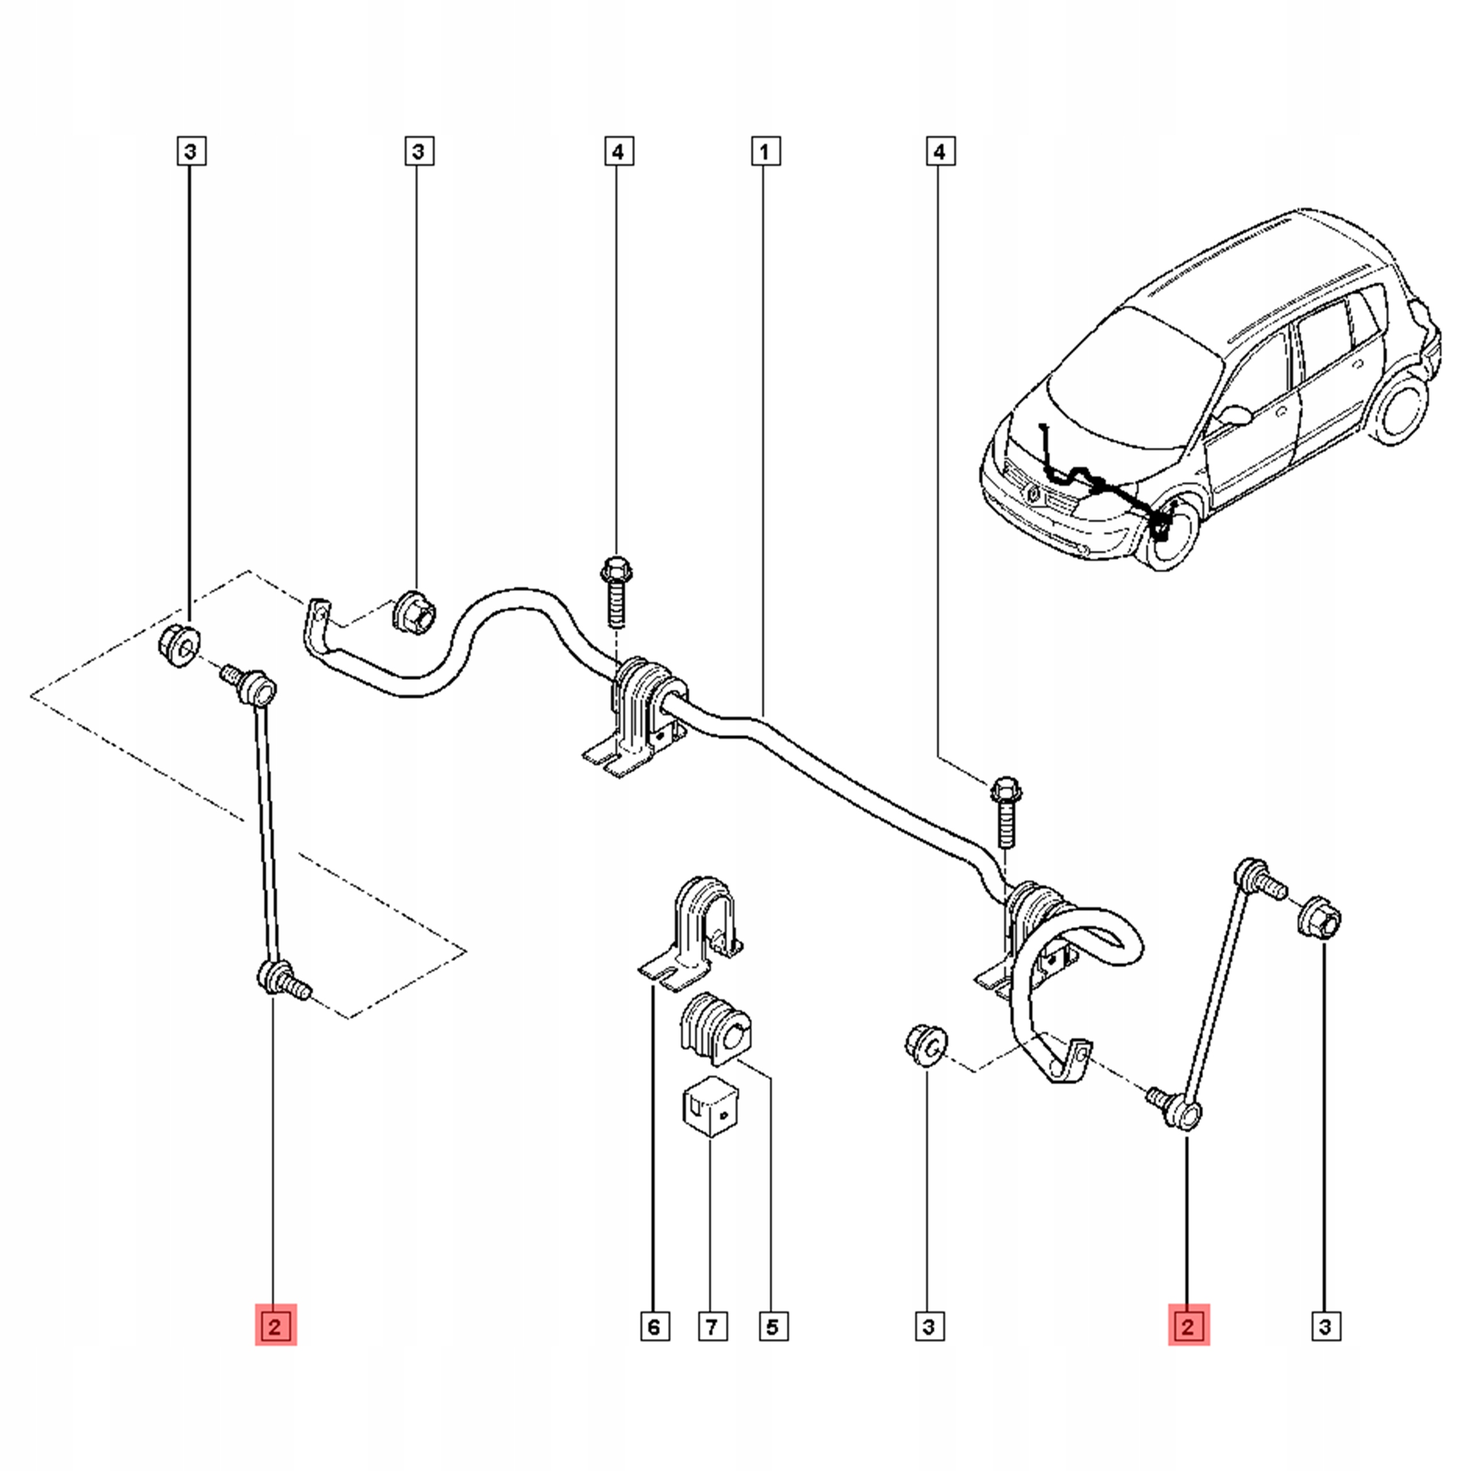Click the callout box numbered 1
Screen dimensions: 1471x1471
(764, 152)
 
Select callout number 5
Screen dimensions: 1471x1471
(772, 1327)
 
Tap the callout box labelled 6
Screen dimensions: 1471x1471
(654, 1327)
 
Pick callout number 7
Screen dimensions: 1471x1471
(711, 1327)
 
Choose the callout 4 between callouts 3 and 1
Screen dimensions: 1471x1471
(618, 152)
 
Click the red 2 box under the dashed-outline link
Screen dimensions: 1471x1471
(275, 1327)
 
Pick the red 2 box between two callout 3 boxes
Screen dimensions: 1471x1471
(1188, 1327)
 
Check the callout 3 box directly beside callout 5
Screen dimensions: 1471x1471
(928, 1327)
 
